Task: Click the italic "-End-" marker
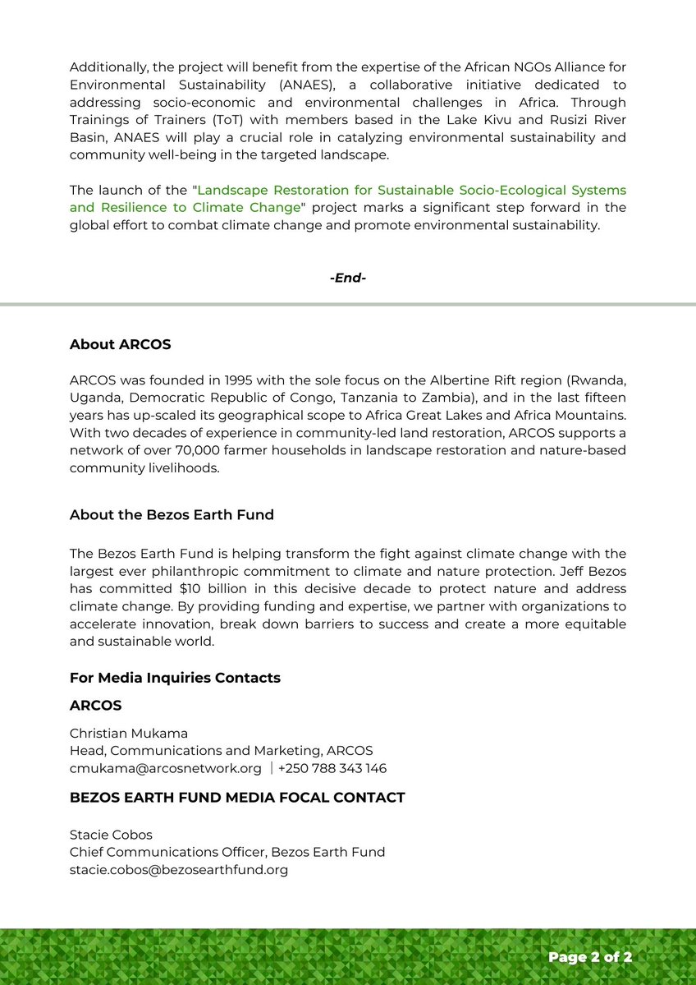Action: click(x=347, y=278)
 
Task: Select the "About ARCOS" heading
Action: click(x=120, y=344)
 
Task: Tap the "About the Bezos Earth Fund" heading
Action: click(x=172, y=515)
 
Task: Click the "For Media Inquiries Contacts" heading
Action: click(x=175, y=678)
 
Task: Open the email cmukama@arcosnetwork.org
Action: click(x=165, y=769)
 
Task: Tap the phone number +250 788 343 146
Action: click(x=332, y=769)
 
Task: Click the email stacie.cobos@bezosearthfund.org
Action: click(x=178, y=869)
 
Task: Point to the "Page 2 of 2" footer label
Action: click(x=590, y=957)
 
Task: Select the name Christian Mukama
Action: click(x=128, y=733)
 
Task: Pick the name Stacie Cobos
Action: click(x=111, y=835)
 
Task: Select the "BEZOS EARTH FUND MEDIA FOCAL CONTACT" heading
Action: click(x=237, y=798)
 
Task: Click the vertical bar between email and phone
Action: click(x=272, y=769)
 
